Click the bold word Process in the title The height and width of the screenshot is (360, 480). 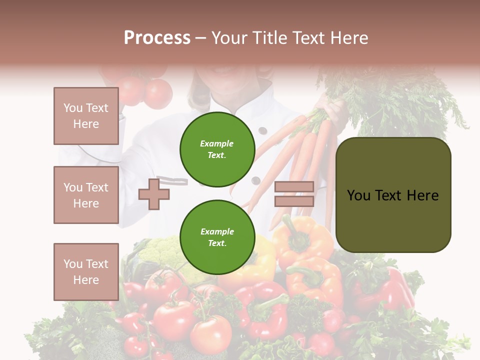click(x=157, y=38)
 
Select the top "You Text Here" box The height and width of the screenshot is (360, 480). click(x=86, y=116)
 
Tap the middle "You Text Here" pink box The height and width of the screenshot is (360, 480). click(x=86, y=195)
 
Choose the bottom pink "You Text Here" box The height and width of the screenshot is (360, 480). click(x=86, y=271)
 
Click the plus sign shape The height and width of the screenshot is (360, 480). click(x=154, y=194)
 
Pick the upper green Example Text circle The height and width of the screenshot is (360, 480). click(x=217, y=149)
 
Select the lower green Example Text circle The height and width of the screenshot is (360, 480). click(x=217, y=237)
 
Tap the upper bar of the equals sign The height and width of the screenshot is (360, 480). click(x=294, y=187)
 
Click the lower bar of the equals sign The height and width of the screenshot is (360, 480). click(x=294, y=201)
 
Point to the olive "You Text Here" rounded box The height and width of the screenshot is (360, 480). click(x=393, y=195)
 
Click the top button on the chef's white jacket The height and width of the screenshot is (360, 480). click(x=262, y=131)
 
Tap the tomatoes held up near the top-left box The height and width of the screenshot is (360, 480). click(x=145, y=90)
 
